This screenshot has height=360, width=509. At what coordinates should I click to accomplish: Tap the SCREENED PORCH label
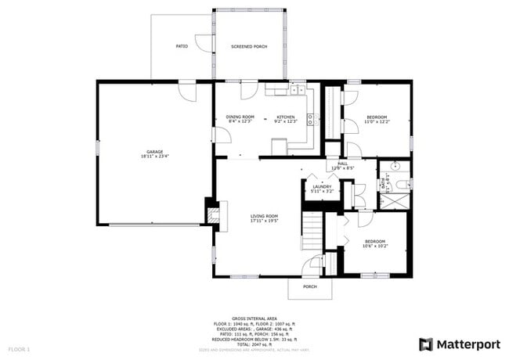[x=249, y=47]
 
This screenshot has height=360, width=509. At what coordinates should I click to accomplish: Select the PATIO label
[x=181, y=47]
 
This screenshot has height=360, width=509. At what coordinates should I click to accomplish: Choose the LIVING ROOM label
[x=265, y=218]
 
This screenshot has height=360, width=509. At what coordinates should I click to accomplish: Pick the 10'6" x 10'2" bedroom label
[x=375, y=243]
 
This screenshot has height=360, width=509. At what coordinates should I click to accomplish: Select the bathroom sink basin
[x=396, y=166]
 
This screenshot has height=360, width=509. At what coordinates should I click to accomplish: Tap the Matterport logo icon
[x=426, y=344]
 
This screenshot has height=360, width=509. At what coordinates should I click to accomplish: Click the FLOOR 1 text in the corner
[x=19, y=348]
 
